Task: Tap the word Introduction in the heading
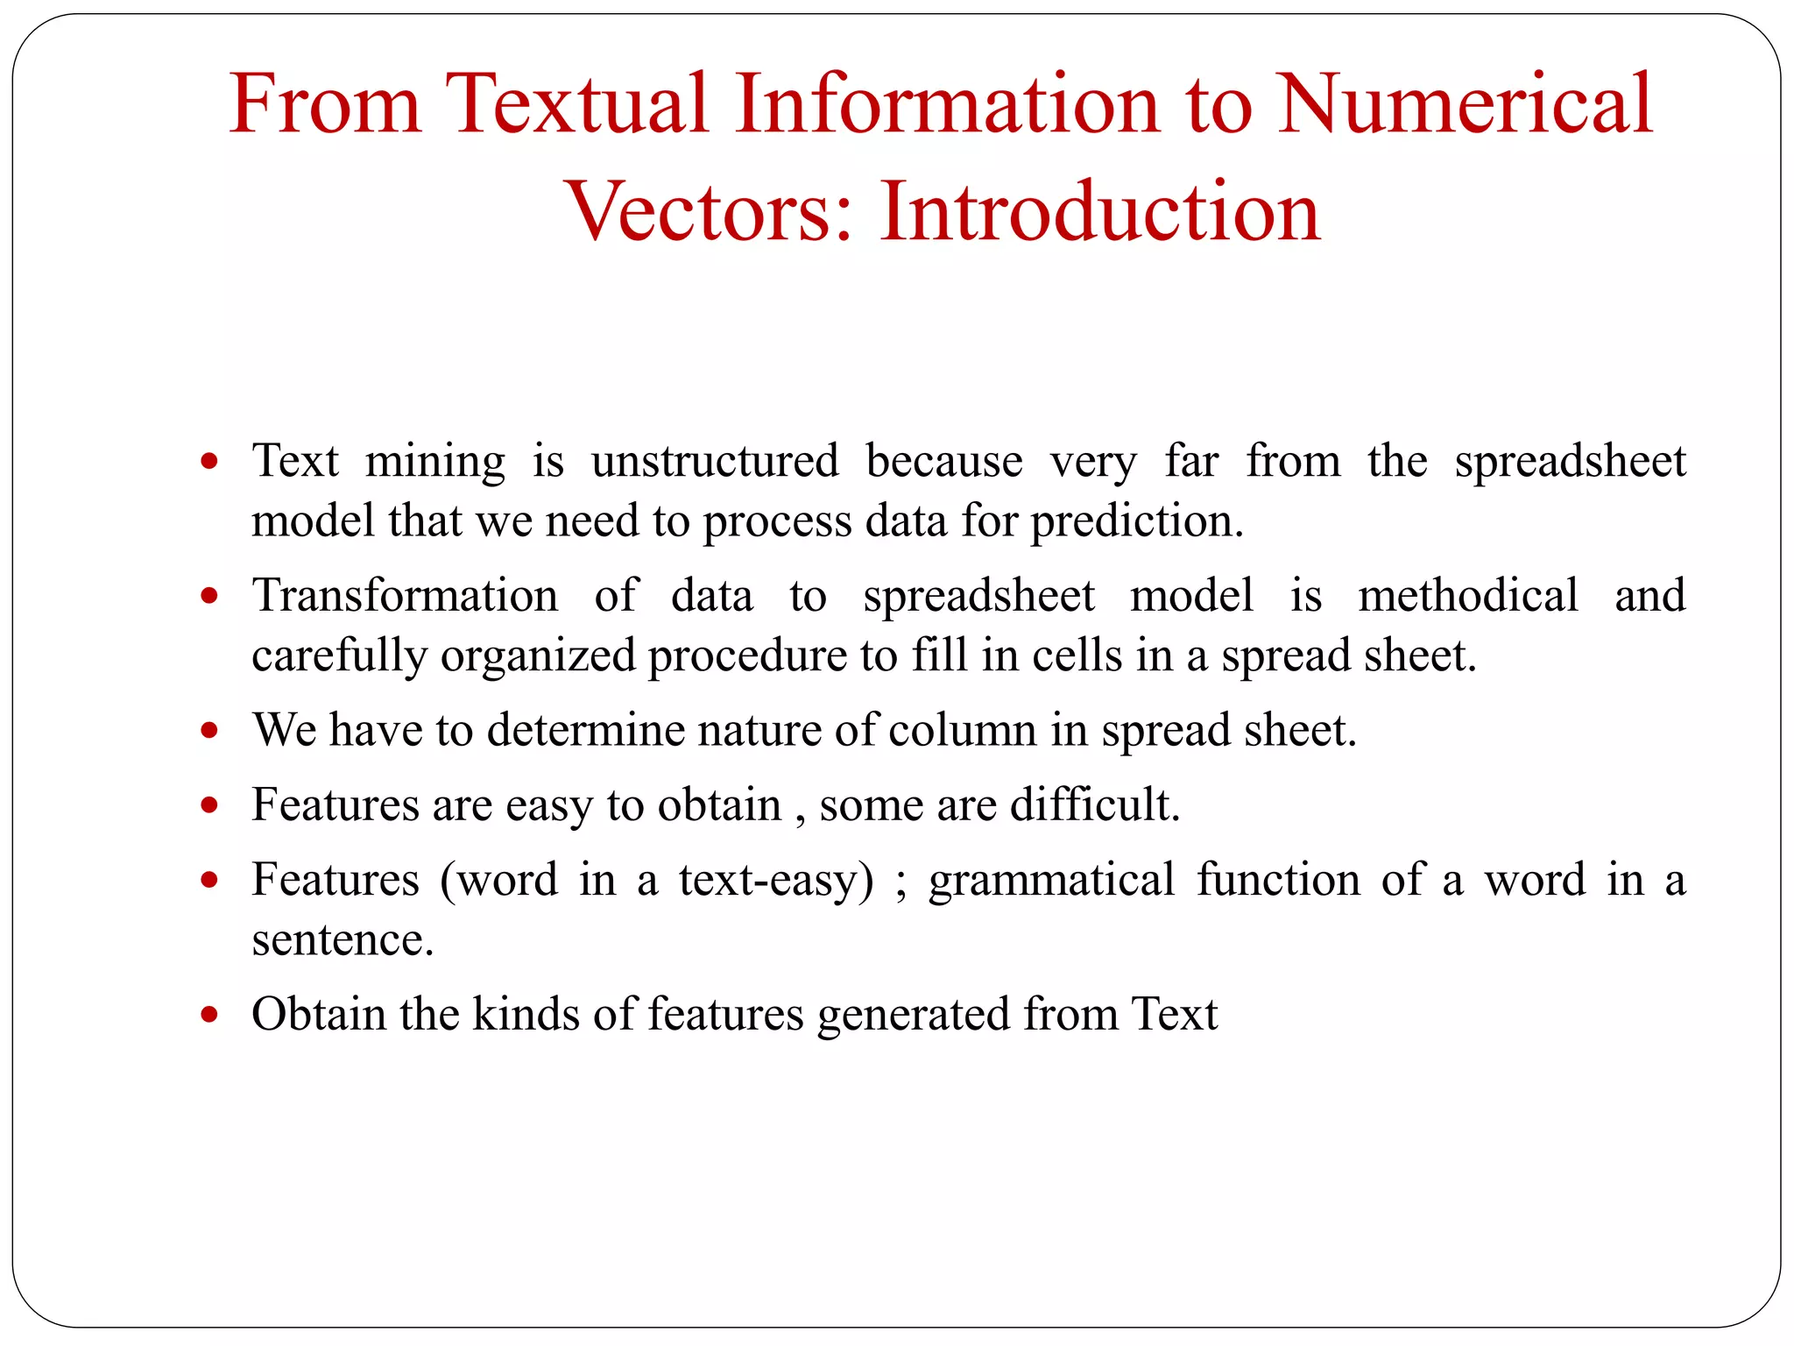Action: click(1100, 211)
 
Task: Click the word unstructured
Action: click(715, 461)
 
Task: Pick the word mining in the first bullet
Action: click(435, 461)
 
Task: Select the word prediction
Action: click(1137, 521)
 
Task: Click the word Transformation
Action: click(405, 596)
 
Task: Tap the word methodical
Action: click(1468, 596)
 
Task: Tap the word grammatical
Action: click(1051, 880)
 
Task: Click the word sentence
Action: click(343, 939)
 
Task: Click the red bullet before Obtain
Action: click(208, 1015)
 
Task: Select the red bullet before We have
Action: click(208, 730)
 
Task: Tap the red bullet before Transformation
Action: click(208, 596)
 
